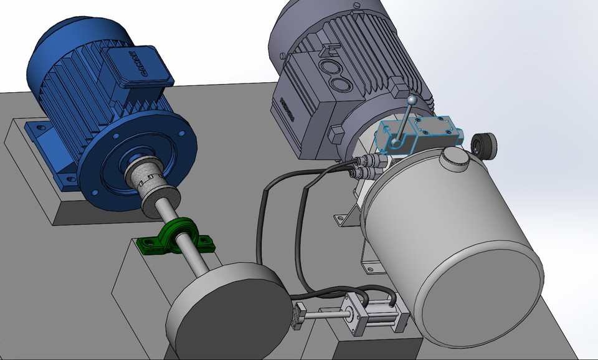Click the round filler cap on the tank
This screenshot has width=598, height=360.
click(453, 161)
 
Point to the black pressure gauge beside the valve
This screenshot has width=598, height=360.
click(484, 146)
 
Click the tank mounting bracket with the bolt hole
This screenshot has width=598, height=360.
click(343, 218)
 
